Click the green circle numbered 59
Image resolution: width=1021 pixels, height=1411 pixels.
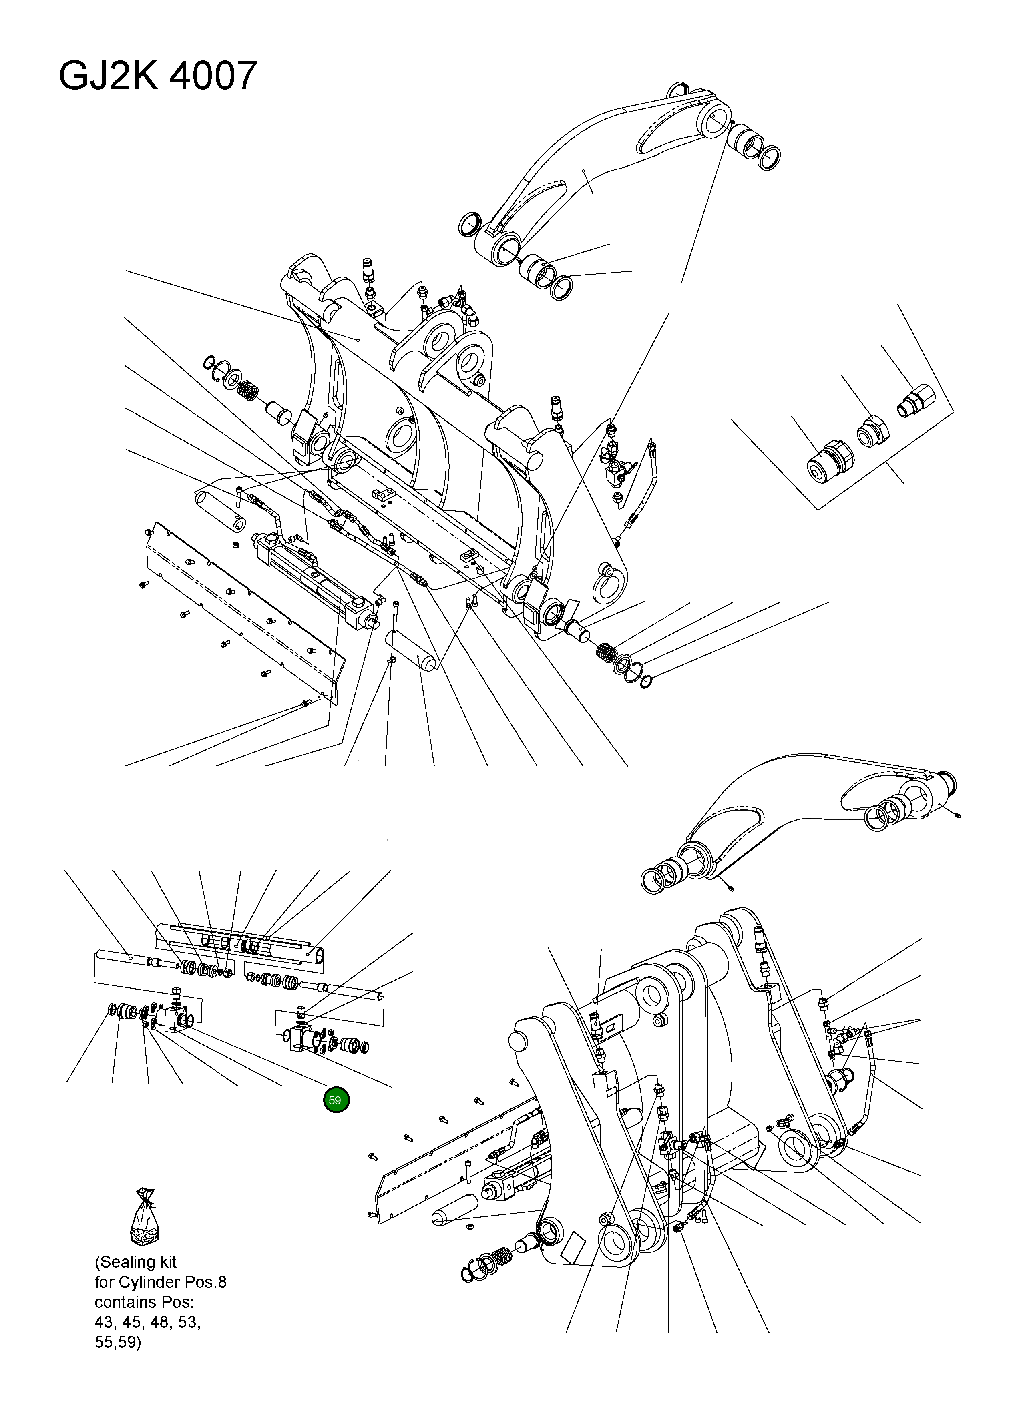pyautogui.click(x=336, y=1100)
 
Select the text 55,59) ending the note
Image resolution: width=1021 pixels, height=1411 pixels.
pyautogui.click(x=118, y=1342)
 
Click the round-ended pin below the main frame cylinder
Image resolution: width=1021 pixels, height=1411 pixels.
pyautogui.click(x=411, y=650)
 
